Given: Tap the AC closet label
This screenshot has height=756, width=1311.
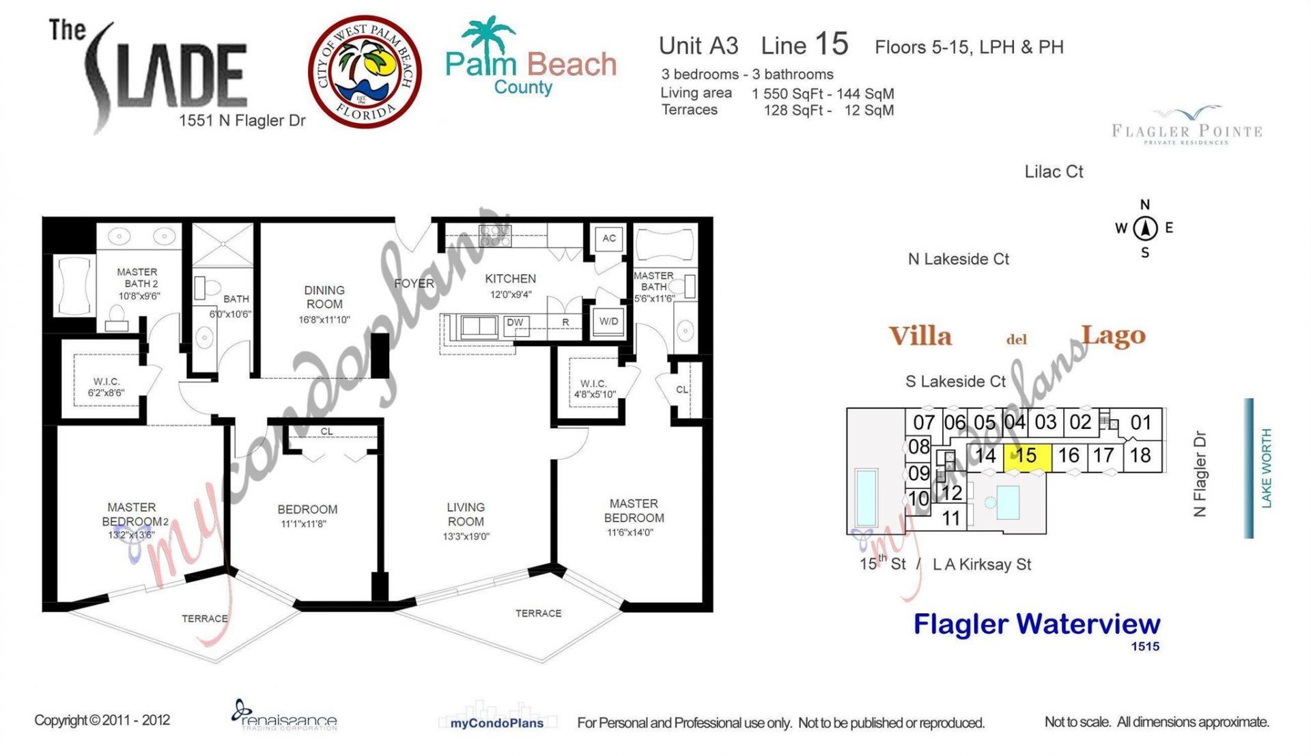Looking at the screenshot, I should (608, 238).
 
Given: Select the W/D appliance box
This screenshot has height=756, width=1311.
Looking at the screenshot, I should (608, 322).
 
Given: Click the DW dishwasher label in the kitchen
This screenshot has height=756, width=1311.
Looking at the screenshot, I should (515, 322).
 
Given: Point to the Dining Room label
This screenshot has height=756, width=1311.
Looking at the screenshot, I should (324, 297).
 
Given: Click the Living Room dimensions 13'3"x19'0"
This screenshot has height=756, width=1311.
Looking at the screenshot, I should (466, 537).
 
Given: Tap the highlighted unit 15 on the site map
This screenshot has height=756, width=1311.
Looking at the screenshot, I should (1026, 456).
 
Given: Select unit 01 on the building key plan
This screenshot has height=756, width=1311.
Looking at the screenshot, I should (1140, 423).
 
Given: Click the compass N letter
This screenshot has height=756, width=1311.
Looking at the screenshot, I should (1145, 205).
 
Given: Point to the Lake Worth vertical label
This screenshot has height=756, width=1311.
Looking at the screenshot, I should (1266, 468).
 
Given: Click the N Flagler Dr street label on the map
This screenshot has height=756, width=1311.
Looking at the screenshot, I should (1200, 473).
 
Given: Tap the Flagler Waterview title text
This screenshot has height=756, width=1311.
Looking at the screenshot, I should (1037, 624).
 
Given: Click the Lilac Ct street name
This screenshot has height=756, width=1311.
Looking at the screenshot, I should (1054, 172).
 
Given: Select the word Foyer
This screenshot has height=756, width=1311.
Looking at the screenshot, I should (414, 283).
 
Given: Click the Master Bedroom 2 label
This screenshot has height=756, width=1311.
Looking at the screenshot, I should (133, 514).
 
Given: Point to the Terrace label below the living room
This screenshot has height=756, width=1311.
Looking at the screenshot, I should (538, 613).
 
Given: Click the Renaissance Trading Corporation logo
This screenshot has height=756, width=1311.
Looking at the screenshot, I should (283, 716).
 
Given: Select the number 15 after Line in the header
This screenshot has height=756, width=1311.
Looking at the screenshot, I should (831, 44).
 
